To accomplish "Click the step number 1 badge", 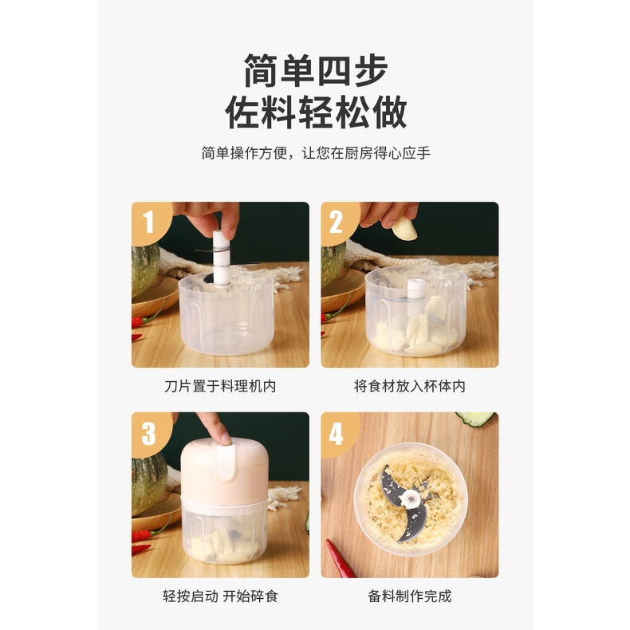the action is [x=149, y=222].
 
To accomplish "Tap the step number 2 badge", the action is [x=337, y=222].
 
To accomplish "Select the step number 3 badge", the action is [x=149, y=434].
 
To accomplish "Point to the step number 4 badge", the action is [x=337, y=434].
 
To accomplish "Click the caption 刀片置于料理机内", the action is [x=220, y=386].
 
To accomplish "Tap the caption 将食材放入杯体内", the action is [x=409, y=386].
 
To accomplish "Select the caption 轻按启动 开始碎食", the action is [x=220, y=597].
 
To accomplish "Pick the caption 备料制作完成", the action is [x=409, y=597].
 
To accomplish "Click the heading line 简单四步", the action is [x=316, y=70].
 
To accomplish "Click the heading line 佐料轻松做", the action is [x=316, y=112].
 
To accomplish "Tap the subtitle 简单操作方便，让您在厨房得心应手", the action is [x=316, y=153].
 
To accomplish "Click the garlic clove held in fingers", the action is [x=404, y=228].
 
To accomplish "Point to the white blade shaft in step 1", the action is [x=221, y=257].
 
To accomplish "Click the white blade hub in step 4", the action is [x=411, y=499].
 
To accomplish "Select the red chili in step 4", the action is [x=341, y=558].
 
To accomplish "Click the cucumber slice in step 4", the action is [x=475, y=419].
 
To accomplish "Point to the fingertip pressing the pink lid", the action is [x=224, y=438].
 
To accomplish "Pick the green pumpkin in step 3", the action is [x=148, y=484].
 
